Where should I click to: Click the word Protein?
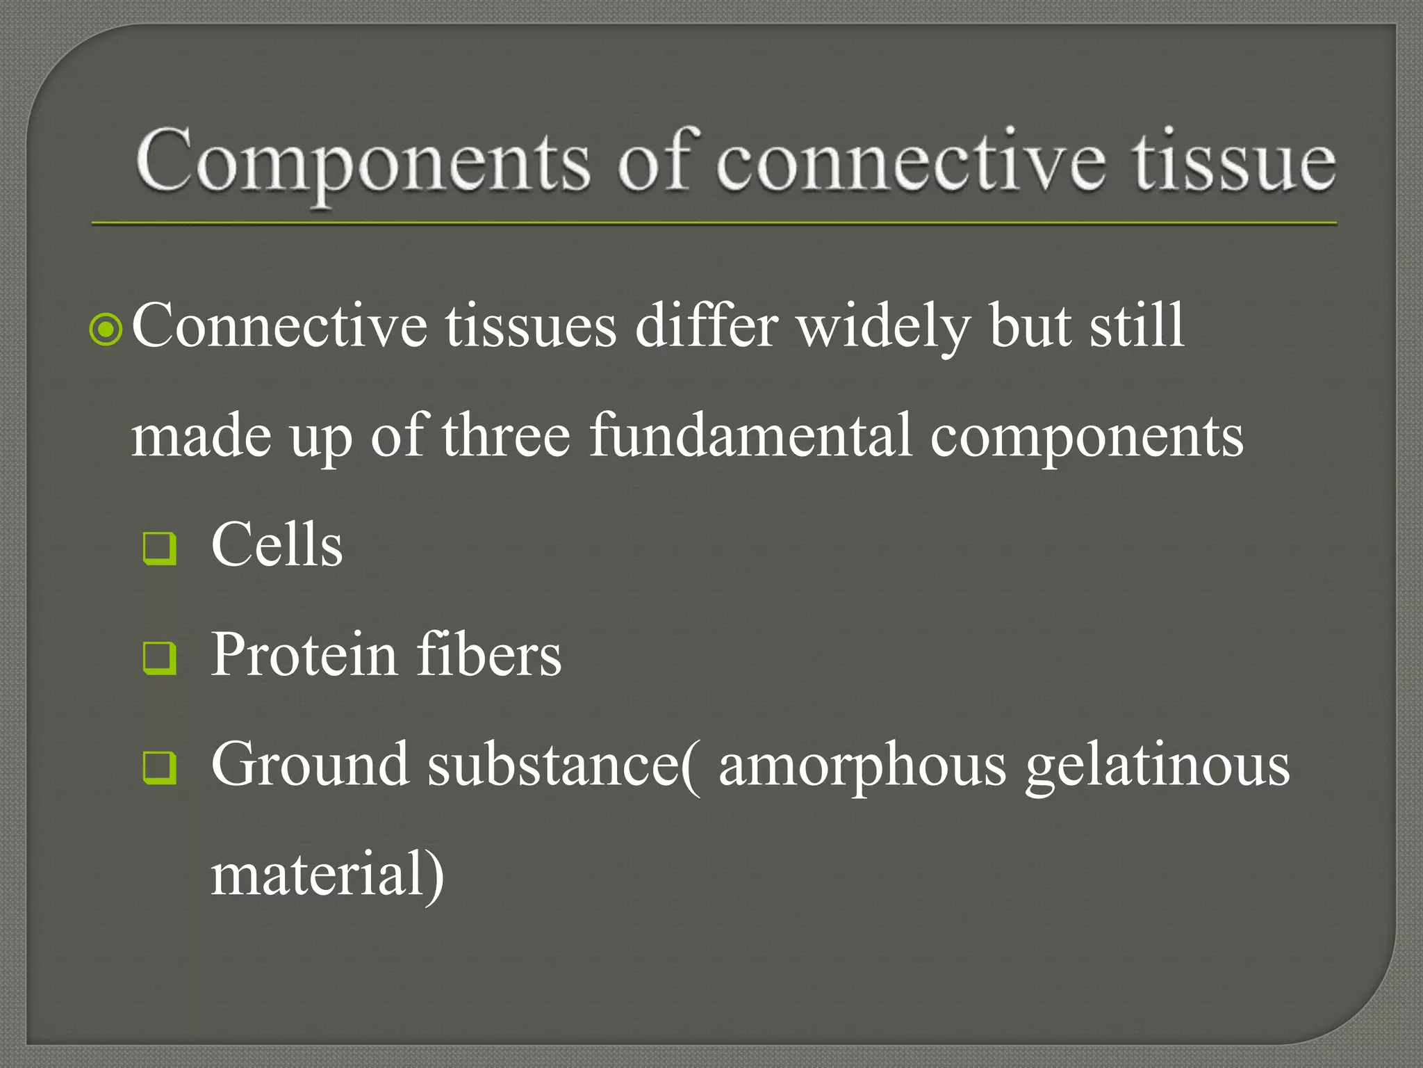click(304, 654)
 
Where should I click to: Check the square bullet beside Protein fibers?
click(159, 658)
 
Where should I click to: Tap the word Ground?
click(310, 765)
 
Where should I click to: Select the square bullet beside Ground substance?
click(159, 768)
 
